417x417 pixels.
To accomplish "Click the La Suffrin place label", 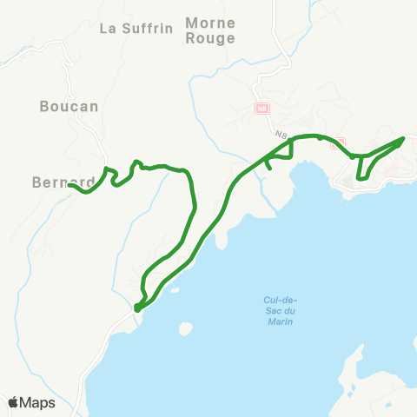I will [x=132, y=28].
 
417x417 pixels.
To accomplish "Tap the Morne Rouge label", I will [x=210, y=30].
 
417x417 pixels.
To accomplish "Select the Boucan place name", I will [x=69, y=106].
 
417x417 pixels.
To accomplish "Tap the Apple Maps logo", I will [x=31, y=402].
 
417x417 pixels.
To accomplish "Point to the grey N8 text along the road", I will [x=281, y=135].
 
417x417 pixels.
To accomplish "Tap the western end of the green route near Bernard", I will [x=70, y=185].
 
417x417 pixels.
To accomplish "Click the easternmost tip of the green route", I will [x=404, y=138].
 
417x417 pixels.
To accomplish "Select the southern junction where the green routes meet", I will [x=137, y=308].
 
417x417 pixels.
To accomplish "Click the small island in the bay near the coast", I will [x=184, y=330].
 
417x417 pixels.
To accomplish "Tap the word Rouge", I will [x=210, y=38].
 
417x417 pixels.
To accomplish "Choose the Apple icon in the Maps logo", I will [x=14, y=402].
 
